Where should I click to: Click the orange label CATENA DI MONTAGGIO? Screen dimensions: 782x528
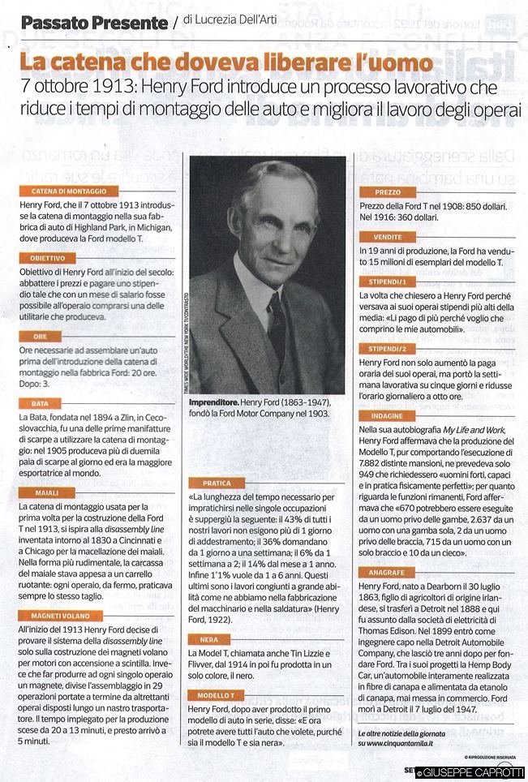pyautogui.click(x=64, y=191)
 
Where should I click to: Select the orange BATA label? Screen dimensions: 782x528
pyautogui.click(x=38, y=403)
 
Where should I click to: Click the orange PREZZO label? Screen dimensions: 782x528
pyautogui.click(x=388, y=192)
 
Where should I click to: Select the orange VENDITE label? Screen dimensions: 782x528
pyautogui.click(x=387, y=237)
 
